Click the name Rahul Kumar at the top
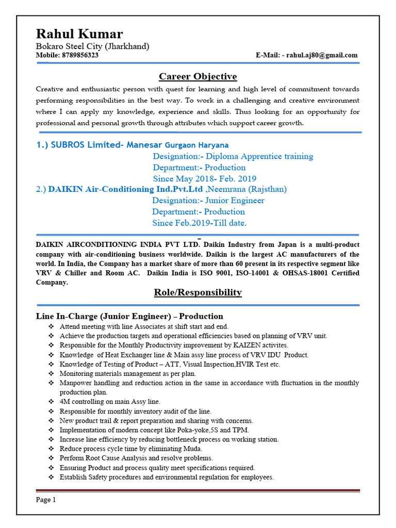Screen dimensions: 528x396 point(79,34)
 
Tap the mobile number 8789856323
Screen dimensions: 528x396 point(80,55)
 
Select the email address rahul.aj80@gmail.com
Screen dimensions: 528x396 point(322,55)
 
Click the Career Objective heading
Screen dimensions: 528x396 point(197,77)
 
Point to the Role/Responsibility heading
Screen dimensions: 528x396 point(197,292)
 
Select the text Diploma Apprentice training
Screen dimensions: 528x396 point(259,156)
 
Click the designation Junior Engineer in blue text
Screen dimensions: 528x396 point(235,201)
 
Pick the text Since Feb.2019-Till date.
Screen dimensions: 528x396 point(199,223)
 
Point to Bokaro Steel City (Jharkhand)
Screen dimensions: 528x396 point(92,46)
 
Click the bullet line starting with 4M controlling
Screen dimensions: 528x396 point(110,402)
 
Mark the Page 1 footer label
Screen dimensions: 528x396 point(46,500)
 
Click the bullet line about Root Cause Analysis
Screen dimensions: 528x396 point(136,458)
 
